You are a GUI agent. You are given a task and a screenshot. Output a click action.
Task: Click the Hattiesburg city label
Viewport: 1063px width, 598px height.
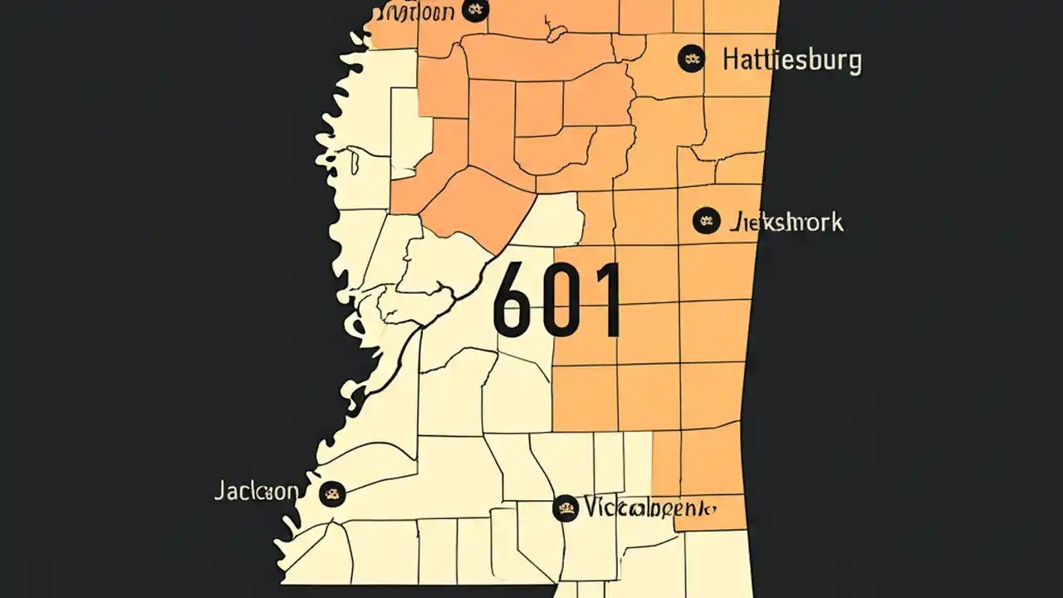(791, 61)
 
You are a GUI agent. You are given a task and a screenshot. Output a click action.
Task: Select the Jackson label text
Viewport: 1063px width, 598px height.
(256, 491)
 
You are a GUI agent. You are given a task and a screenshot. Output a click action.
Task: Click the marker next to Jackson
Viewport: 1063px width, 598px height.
(332, 493)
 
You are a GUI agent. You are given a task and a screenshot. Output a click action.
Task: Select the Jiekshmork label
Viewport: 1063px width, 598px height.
(786, 223)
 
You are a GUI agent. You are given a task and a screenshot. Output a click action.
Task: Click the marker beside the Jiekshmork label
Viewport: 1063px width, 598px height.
(705, 220)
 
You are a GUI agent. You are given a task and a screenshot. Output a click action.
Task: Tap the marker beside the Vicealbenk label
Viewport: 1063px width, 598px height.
(566, 507)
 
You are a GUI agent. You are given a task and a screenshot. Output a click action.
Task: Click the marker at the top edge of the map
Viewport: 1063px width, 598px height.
(476, 10)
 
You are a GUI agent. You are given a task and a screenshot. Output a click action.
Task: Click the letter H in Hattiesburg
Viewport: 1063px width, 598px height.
(732, 61)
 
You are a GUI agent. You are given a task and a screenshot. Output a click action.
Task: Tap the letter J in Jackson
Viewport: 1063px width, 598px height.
(218, 491)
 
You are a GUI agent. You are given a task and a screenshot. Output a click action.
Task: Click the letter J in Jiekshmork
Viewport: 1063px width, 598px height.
(733, 223)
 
